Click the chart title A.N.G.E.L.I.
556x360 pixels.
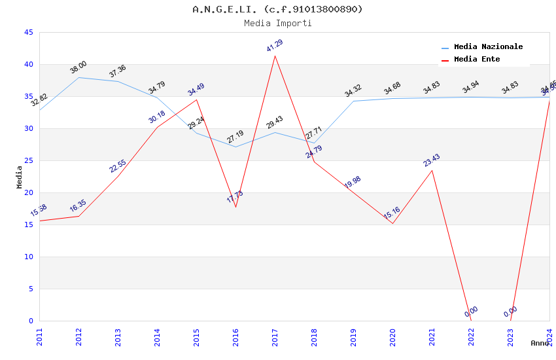pyautogui.click(x=277, y=9)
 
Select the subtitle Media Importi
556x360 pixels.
pyautogui.click(x=277, y=23)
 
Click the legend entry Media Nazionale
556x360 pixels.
pyautogui.click(x=488, y=46)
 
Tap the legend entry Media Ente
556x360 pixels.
pyautogui.click(x=476, y=59)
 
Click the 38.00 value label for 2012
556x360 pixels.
pyautogui.click(x=78, y=67)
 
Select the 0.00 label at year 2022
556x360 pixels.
pyautogui.click(x=471, y=312)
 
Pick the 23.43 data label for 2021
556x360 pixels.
pyautogui.click(x=432, y=160)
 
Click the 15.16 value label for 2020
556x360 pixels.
pyautogui.click(x=392, y=213)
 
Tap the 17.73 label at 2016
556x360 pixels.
pyautogui.click(x=235, y=196)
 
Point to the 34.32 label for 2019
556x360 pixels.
pyautogui.click(x=353, y=91)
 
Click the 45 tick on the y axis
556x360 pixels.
pyautogui.click(x=28, y=32)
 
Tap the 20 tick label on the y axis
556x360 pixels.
pyautogui.click(x=28, y=192)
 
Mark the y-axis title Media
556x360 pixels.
pyautogui.click(x=19, y=177)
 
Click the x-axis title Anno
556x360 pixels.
pyautogui.click(x=540, y=343)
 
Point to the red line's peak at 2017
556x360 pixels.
pyautogui.click(x=275, y=56)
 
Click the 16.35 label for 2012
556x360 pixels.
pyautogui.click(x=78, y=207)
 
